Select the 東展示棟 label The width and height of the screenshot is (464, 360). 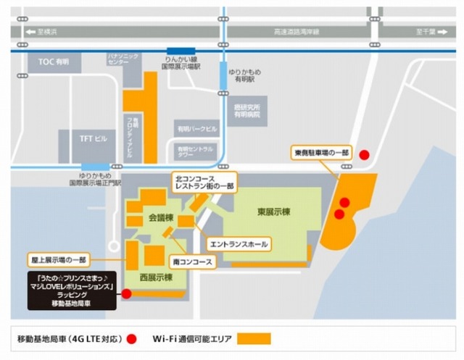click(273, 212)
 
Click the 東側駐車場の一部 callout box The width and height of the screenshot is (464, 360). click(323, 154)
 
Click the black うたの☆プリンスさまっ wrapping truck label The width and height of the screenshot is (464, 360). click(73, 291)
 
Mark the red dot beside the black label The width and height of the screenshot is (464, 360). click(127, 294)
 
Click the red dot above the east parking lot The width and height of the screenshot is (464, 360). click(365, 154)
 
